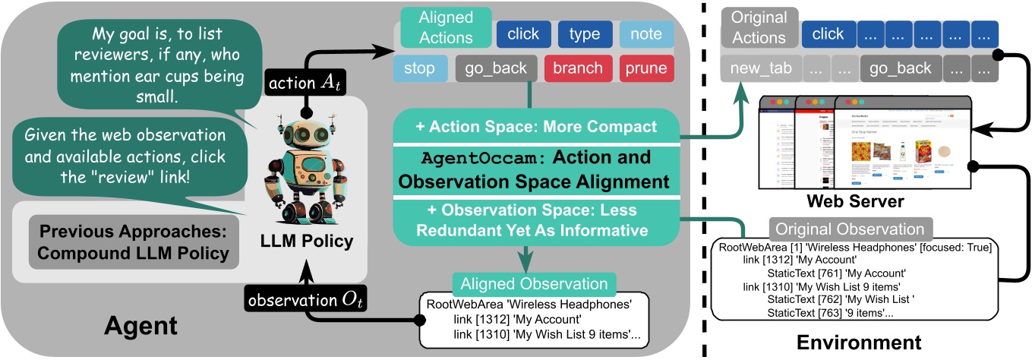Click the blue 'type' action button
coord(584,34)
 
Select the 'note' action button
coord(646,34)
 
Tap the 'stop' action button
coord(420,68)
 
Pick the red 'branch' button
coord(577,68)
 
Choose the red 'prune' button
coord(645,68)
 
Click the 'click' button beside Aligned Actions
coord(523,34)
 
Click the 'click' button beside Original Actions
coord(827,34)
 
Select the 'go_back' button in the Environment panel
coord(900,68)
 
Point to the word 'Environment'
coord(858,343)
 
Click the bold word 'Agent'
coord(140,326)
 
